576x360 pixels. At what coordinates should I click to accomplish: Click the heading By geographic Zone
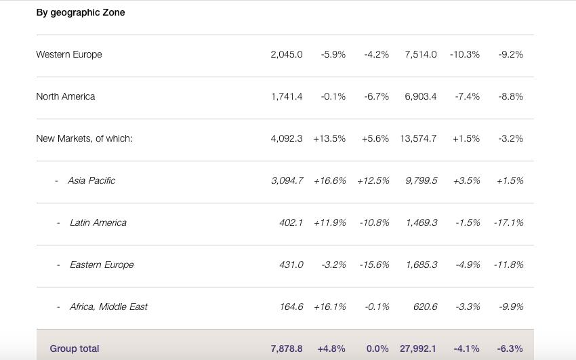[x=81, y=12]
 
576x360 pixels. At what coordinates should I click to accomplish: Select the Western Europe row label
[x=69, y=54]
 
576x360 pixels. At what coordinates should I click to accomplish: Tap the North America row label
[x=66, y=96]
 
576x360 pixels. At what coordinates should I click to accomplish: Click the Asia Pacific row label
[x=91, y=180]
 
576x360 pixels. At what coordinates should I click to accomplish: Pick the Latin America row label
[x=98, y=222]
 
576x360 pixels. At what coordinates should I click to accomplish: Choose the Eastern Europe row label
[x=102, y=264]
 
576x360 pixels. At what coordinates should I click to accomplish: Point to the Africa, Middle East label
[x=108, y=306]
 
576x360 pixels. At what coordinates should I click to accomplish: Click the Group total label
[x=75, y=348]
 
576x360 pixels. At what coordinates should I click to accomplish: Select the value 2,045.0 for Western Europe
[x=287, y=54]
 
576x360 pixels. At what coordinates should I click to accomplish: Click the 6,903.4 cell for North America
[x=421, y=96]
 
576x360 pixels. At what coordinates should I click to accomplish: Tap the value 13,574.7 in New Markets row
[x=419, y=138]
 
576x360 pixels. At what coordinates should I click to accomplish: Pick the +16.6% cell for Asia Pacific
[x=330, y=180]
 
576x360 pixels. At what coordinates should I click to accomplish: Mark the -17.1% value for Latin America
[x=509, y=222]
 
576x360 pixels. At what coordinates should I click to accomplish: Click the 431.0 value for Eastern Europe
[x=291, y=264]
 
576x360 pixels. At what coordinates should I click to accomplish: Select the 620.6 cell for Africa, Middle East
[x=426, y=306]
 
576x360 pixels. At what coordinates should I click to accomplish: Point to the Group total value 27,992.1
[x=418, y=348]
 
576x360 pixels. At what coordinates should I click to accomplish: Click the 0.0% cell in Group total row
[x=377, y=348]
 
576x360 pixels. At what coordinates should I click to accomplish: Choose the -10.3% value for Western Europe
[x=465, y=54]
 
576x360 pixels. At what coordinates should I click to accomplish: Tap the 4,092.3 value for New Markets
[x=287, y=138]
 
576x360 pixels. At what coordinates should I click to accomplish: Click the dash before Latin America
[x=59, y=223]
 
